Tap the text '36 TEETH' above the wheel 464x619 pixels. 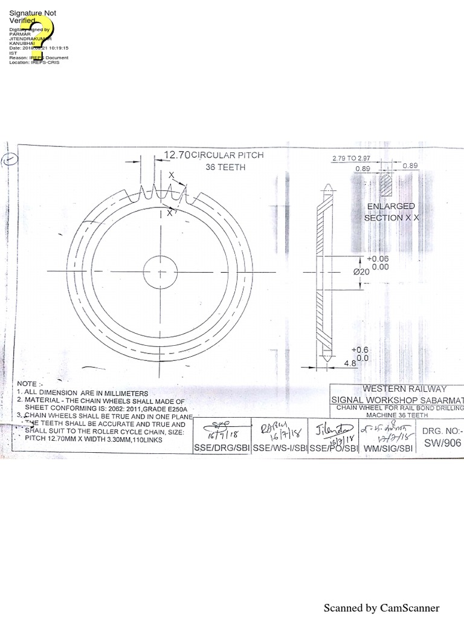coord(225,167)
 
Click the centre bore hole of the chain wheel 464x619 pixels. coord(160,270)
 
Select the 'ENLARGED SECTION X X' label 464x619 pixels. coord(391,212)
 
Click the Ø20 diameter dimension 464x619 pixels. coord(361,272)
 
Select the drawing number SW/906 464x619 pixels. coord(443,443)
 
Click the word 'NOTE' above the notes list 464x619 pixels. coord(27,384)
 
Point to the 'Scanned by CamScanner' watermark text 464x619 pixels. coord(381,608)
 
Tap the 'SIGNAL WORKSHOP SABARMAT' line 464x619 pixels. coord(397,400)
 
